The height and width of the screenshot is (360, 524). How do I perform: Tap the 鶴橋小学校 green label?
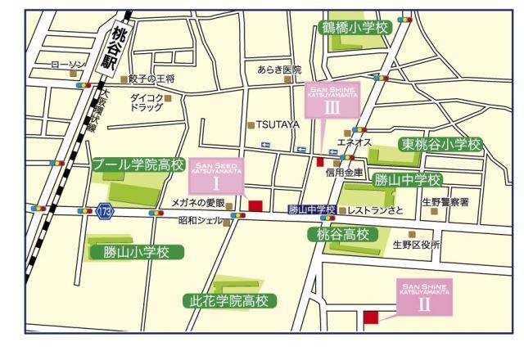click(x=354, y=28)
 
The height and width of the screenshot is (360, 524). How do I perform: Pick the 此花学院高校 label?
click(x=228, y=301)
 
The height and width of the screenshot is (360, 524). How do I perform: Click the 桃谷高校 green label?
click(x=343, y=235)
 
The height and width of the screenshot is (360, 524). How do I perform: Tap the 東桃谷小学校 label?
click(x=441, y=145)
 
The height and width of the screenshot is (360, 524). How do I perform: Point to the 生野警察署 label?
click(x=445, y=201)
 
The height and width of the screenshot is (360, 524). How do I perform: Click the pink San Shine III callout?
click(x=331, y=99)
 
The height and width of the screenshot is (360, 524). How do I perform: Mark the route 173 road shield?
click(x=105, y=211)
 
